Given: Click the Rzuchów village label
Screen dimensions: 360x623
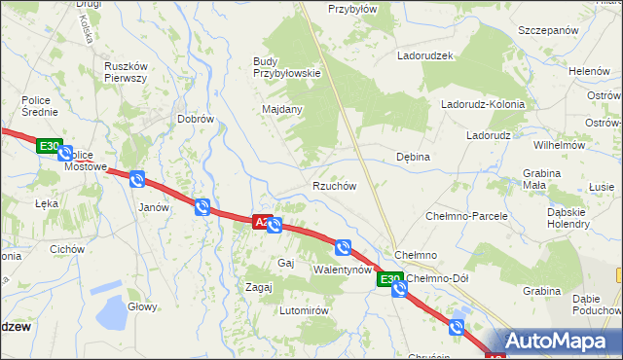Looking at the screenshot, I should tap(334, 186).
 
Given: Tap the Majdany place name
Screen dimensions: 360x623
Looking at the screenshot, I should tap(282, 109).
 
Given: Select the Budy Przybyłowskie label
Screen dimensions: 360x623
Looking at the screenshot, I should tap(286, 67).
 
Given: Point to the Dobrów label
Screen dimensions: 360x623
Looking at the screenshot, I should tap(195, 119).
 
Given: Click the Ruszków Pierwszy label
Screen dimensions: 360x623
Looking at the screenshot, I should tap(125, 72).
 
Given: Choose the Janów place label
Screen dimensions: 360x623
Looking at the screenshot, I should tap(154, 207).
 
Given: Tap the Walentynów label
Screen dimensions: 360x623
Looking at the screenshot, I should tap(343, 269).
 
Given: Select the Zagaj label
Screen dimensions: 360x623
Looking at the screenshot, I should tap(258, 287).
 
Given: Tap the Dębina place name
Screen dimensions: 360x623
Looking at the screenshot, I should tap(414, 156).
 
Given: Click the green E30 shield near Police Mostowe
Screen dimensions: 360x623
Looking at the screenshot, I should tap(49, 147).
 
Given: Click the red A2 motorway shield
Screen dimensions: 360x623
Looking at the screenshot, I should tap(261, 222).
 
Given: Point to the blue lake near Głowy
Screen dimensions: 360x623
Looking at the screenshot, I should tap(114, 313).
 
